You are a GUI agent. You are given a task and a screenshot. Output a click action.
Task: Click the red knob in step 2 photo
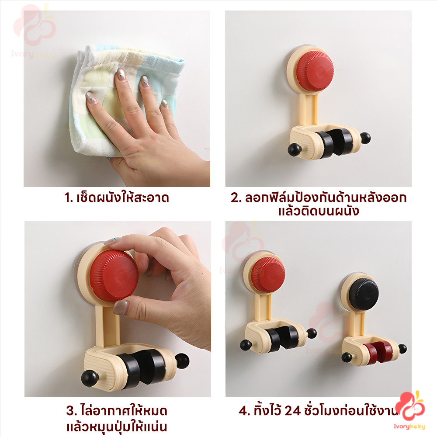(x=315, y=71)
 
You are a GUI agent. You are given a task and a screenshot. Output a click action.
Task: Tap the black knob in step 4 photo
(x=364, y=294)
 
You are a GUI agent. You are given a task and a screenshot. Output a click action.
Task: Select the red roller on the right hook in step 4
(x=377, y=352)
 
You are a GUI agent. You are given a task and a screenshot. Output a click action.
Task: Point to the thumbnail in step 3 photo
(x=121, y=307)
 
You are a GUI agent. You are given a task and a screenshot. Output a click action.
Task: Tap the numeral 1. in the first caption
(x=69, y=198)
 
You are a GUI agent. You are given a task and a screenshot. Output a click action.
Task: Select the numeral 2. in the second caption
(x=236, y=198)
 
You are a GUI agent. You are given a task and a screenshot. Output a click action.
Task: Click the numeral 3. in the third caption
(x=72, y=411)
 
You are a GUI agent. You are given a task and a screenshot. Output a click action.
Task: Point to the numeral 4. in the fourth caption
(x=245, y=411)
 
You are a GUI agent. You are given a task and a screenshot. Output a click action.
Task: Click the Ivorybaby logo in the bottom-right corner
(x=410, y=410)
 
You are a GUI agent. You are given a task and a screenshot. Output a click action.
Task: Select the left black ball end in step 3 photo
(x=90, y=379)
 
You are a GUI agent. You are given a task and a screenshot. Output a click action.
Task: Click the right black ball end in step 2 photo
(x=365, y=138)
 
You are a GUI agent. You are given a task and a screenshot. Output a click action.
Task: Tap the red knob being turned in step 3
(x=114, y=276)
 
